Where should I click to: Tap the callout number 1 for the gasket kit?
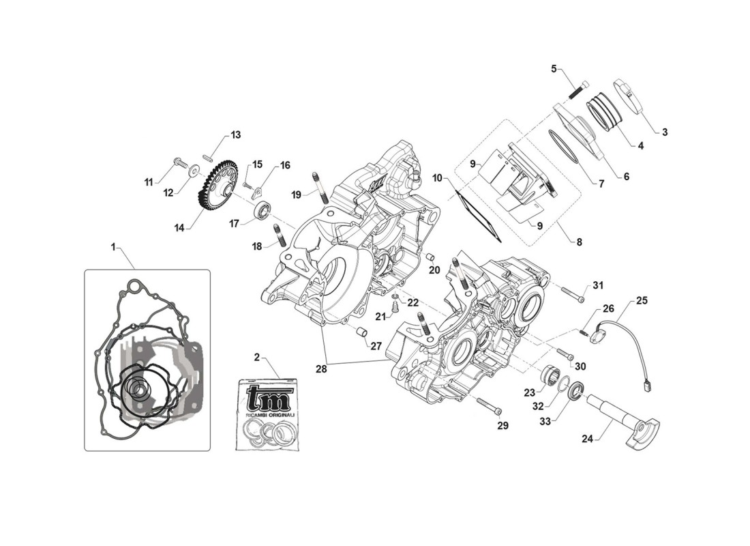point(113,244)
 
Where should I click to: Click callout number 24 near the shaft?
point(587,440)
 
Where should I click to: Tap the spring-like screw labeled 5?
point(578,88)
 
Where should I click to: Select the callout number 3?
point(664,132)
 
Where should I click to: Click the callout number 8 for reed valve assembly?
point(579,242)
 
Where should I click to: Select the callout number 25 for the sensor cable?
point(642,300)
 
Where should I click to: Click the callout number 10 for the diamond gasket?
point(438,177)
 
